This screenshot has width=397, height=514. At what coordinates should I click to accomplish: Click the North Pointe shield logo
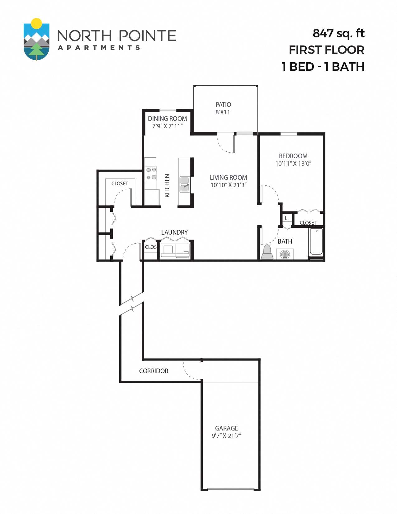point(36,40)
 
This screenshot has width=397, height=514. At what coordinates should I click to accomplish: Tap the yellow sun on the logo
point(37,23)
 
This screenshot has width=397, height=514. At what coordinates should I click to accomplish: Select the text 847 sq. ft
point(338,33)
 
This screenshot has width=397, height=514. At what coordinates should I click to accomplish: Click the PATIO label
point(223,105)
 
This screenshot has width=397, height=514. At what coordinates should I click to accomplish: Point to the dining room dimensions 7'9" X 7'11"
point(167,126)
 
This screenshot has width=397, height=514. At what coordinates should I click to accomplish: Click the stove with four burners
point(151,174)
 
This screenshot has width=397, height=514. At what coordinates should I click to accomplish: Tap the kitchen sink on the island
point(185,184)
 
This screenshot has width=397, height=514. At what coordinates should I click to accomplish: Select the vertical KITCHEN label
point(167,185)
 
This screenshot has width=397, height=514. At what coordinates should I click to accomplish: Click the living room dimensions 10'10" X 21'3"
point(228,185)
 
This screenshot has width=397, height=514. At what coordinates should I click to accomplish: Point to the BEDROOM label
point(293,156)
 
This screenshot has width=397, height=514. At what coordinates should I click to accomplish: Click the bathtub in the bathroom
point(316,241)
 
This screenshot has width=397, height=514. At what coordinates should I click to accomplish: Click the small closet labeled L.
point(287,218)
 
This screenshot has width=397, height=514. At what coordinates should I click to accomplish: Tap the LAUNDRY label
point(174,232)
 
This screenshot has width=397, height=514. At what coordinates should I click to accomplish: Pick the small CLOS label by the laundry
point(151,247)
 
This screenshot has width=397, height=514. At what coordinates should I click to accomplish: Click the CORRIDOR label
point(154,371)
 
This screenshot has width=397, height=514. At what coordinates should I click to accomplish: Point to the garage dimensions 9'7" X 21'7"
point(226,436)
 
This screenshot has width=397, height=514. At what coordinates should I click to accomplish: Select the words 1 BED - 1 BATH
point(323,67)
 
